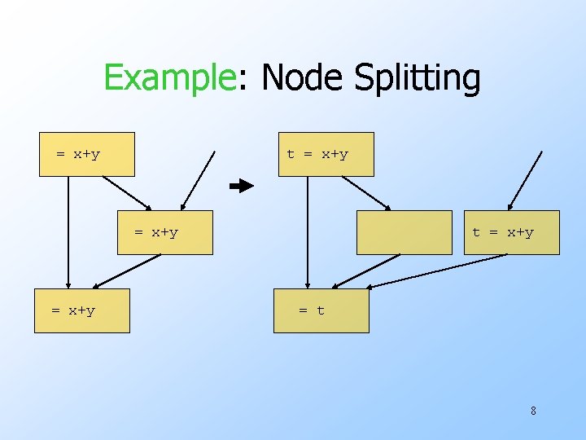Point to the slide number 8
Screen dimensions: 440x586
pos(533,411)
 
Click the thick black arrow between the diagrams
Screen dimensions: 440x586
pos(242,187)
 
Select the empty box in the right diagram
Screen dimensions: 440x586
pos(404,232)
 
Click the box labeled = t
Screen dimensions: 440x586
pos(321,310)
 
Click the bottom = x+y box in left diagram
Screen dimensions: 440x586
pos(81,310)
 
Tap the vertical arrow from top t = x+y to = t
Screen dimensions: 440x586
pos(308,232)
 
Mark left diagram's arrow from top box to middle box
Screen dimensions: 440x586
pos(127,193)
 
